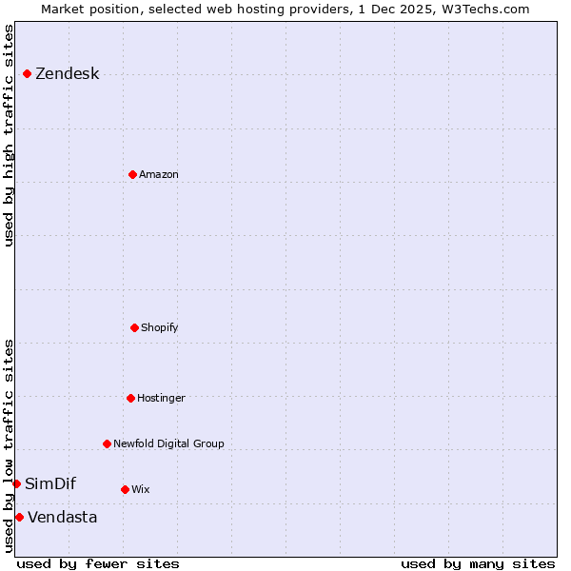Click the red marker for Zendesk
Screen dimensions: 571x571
[27, 73]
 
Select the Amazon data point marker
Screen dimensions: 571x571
[132, 174]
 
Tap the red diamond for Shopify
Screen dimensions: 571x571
[134, 327]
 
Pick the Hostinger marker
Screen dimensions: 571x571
[130, 398]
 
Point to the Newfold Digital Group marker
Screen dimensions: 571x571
[107, 443]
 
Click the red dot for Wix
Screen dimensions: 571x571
[125, 489]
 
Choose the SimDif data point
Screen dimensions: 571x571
[16, 483]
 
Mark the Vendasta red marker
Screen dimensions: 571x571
[19, 517]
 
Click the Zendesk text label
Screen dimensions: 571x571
[67, 74]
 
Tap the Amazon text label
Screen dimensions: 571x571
[159, 175]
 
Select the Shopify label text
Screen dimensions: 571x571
[160, 328]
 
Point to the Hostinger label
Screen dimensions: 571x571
[161, 399]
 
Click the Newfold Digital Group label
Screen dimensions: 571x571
[168, 444]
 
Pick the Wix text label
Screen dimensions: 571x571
[141, 490]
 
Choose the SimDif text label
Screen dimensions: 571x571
[50, 484]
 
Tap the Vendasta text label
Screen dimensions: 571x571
[63, 518]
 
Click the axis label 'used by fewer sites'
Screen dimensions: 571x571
[98, 563]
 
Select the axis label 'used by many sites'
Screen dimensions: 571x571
[478, 563]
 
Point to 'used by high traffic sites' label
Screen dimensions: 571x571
[9, 135]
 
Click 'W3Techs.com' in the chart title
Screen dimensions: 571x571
[484, 9]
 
